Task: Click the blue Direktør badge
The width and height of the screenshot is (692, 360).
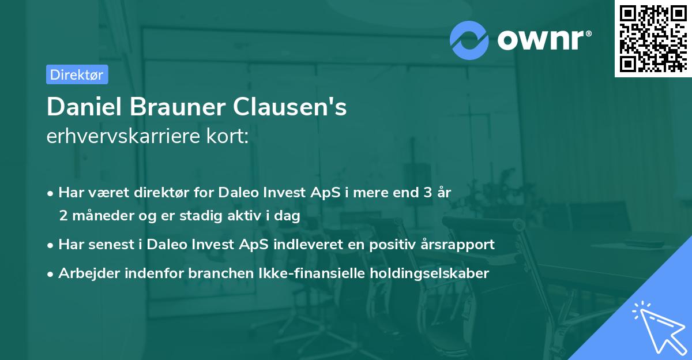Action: [77, 74]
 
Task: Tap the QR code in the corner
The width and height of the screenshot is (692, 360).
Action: [652, 38]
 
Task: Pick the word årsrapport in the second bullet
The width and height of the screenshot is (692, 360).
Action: [460, 244]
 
